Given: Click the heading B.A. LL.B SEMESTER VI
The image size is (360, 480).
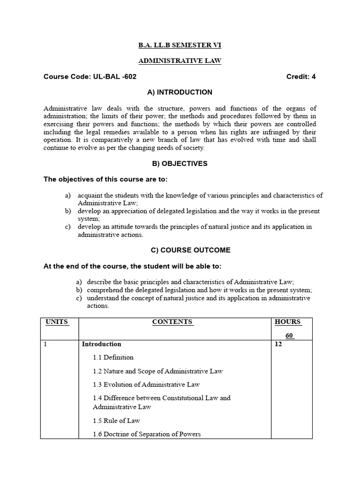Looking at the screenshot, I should [180, 45].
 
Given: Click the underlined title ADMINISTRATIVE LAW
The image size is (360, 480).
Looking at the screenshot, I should [180, 61].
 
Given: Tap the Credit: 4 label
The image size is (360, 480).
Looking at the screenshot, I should [301, 77].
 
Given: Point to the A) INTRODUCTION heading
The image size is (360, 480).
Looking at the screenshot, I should [180, 92].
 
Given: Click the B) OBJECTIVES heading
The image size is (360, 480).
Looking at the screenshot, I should [180, 164].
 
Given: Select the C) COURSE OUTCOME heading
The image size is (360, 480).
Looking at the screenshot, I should [180, 250].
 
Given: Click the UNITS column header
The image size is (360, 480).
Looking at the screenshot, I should [57, 322].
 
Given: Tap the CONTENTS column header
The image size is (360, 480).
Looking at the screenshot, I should [172, 322].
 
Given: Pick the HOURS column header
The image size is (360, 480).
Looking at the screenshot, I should [288, 322].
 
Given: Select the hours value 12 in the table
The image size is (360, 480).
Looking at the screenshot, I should [278, 344].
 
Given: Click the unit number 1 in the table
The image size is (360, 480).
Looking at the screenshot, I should [45, 344].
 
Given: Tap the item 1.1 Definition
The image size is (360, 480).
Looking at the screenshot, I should [113, 357].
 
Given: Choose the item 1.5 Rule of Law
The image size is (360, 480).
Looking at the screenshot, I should [116, 420].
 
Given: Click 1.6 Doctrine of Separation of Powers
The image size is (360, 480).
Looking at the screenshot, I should [147, 434].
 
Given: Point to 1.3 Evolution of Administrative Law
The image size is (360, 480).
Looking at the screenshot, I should [146, 384].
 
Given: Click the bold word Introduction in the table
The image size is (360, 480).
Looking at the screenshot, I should [101, 344].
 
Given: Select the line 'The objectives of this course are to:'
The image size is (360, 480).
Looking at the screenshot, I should [105, 180].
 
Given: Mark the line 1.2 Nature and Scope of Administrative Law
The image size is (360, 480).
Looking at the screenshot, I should [157, 371].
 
